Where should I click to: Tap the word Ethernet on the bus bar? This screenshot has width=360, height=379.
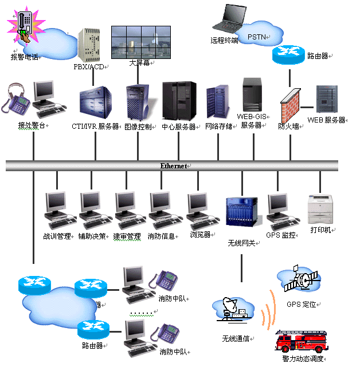point(174,165)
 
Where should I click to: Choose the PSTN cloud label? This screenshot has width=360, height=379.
point(256,37)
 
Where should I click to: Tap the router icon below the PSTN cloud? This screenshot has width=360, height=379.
point(289,55)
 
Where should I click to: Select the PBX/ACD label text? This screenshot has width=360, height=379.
point(89,66)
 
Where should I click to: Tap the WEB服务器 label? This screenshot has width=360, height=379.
point(327,120)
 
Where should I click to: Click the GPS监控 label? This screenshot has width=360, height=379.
point(281,235)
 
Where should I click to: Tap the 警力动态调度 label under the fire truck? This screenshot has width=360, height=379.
point(303,359)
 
